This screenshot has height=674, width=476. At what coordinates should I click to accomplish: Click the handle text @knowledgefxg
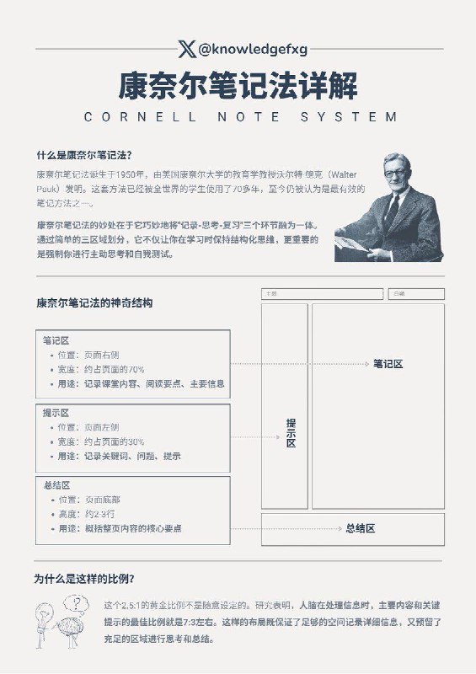(241, 50)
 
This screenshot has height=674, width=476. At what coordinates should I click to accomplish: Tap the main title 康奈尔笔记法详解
(238, 86)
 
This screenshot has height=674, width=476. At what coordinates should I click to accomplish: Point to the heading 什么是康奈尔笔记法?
(83, 154)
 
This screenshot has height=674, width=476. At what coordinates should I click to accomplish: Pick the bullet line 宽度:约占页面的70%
(101, 369)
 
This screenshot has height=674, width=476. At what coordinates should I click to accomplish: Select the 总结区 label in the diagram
(360, 528)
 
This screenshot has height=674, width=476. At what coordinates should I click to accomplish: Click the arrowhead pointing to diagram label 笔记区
(368, 364)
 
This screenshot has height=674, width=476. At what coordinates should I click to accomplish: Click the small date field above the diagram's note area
(416, 294)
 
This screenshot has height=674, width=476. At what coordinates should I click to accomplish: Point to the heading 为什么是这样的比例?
(83, 579)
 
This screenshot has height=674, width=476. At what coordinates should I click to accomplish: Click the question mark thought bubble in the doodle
(80, 602)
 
